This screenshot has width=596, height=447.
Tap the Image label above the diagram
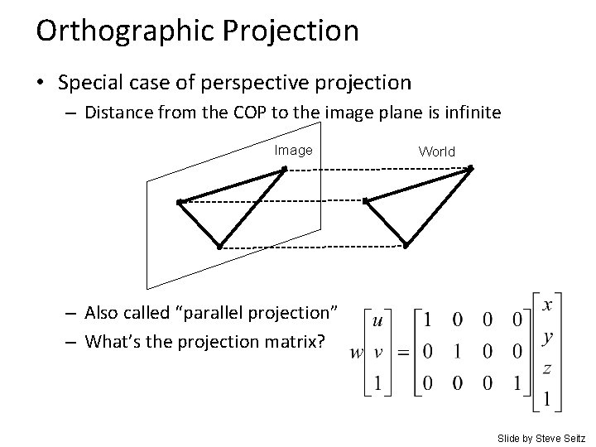(x=294, y=151)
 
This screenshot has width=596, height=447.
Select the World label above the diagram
(x=436, y=151)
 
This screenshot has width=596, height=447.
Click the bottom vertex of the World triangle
(x=406, y=245)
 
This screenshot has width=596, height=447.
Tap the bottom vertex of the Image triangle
(x=219, y=246)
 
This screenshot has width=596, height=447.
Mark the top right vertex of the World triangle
(x=469, y=169)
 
